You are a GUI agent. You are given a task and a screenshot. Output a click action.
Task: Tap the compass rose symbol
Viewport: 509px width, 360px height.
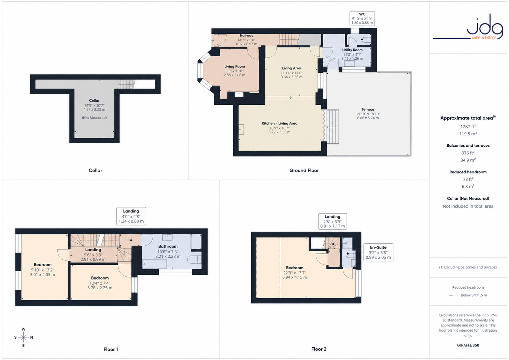click(24, 337)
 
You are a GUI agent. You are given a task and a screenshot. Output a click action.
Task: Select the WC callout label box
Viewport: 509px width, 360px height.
click(362, 18)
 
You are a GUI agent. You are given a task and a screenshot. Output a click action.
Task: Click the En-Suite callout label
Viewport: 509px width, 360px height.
click(378, 252)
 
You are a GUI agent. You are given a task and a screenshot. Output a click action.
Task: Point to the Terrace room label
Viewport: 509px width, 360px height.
click(368, 109)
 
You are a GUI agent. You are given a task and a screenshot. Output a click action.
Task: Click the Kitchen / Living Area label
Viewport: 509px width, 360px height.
click(280, 123)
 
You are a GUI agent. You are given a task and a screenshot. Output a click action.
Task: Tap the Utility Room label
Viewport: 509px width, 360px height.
click(352, 50)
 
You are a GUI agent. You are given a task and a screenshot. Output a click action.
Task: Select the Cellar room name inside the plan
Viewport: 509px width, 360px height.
click(94, 100)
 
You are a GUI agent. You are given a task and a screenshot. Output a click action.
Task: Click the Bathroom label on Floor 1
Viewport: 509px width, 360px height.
click(168, 246)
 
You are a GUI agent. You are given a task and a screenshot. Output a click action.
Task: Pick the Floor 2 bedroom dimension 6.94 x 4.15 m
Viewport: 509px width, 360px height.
click(295, 277)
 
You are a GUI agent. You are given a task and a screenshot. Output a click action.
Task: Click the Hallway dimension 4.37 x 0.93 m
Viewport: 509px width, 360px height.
click(246, 44)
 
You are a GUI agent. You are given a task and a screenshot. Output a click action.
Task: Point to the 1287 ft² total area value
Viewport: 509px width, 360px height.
click(468, 127)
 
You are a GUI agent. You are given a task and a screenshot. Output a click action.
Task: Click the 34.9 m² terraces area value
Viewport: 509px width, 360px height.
click(468, 160)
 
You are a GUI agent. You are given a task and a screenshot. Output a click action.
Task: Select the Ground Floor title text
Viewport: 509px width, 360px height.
click(304, 170)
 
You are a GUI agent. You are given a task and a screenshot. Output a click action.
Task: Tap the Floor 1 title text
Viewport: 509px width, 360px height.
click(111, 349)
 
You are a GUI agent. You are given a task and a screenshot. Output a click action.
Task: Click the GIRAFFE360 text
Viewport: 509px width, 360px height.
click(468, 345)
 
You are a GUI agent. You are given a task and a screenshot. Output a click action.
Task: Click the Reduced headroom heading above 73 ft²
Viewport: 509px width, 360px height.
click(468, 172)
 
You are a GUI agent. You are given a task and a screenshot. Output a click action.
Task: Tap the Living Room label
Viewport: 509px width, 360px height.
click(235, 67)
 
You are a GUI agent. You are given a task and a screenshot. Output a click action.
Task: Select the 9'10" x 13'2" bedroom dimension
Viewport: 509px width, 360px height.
click(42, 270)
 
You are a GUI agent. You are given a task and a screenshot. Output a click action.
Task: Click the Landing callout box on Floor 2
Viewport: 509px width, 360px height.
click(333, 221)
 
